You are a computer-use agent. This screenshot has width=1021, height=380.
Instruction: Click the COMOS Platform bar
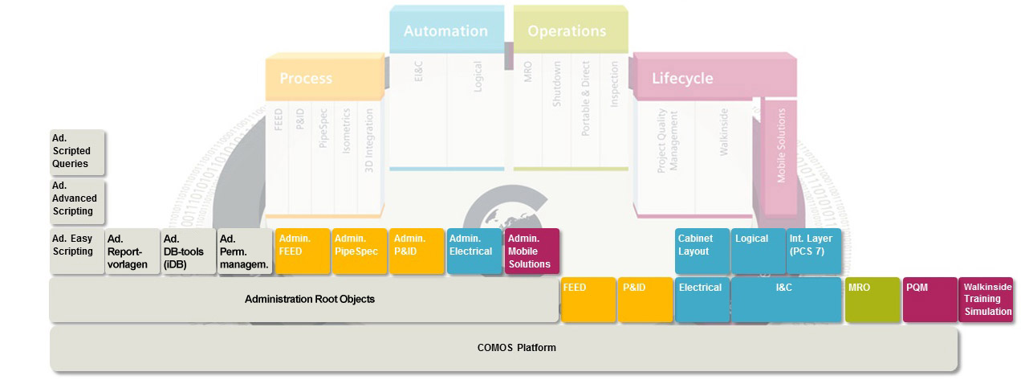pyautogui.click(x=504, y=349)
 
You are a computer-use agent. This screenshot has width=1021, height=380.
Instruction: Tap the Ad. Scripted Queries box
pyautogui.click(x=77, y=152)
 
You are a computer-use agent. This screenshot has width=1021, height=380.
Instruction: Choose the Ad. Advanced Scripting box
pyautogui.click(x=77, y=199)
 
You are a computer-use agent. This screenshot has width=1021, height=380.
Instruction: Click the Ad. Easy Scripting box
pyautogui.click(x=77, y=251)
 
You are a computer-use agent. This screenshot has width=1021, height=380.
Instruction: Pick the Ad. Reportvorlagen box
pyautogui.click(x=132, y=251)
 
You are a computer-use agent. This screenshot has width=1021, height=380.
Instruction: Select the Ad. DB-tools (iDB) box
pyautogui.click(x=189, y=251)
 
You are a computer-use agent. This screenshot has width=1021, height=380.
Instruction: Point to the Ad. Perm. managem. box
pyautogui.click(x=245, y=251)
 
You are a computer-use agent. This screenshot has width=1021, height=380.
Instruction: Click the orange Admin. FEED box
pyautogui.click(x=302, y=251)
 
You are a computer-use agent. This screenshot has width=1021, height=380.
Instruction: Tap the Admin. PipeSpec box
pyautogui.click(x=359, y=251)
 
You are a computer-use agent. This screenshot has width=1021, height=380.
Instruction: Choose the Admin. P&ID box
pyautogui.click(x=416, y=251)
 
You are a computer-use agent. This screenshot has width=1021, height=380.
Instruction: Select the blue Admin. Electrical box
pyautogui.click(x=474, y=251)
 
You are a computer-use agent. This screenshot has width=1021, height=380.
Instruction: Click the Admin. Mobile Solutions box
pyautogui.click(x=531, y=251)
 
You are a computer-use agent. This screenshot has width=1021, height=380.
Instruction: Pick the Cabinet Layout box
pyautogui.click(x=702, y=251)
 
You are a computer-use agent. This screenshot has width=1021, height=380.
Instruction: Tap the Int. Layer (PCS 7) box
pyautogui.click(x=814, y=251)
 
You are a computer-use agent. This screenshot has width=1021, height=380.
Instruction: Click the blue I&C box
pyautogui.click(x=786, y=300)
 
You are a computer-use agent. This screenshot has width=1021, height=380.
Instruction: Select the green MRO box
pyautogui.click(x=872, y=300)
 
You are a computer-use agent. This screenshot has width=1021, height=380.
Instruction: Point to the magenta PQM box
pyautogui.click(x=929, y=300)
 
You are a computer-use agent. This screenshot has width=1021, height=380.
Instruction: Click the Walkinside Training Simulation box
pyautogui.click(x=986, y=300)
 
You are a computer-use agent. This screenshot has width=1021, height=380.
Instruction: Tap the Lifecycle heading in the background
pyautogui.click(x=682, y=79)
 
